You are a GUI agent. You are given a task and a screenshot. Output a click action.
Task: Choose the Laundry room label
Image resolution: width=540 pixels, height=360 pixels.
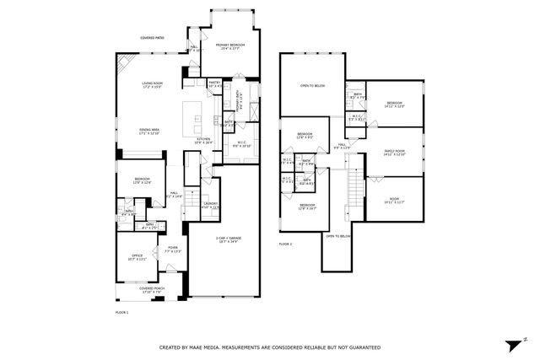212,206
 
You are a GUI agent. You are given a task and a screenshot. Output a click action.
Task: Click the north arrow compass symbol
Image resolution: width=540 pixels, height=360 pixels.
514,345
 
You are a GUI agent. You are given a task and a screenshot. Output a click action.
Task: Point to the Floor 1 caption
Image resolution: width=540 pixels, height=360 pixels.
122,313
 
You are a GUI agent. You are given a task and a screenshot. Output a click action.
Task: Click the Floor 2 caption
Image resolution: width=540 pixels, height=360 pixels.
285,244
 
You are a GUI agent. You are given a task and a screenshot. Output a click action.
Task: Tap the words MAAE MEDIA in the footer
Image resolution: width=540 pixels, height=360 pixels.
212,347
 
